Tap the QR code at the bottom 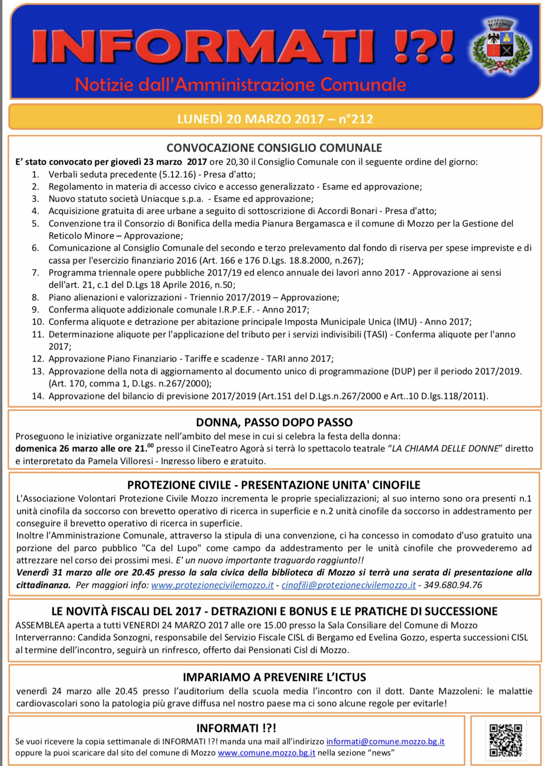505,740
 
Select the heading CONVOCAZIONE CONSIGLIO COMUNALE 274,148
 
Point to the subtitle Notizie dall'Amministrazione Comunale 240,85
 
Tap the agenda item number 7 36,273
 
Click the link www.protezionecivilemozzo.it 212,585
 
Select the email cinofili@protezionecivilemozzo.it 349,585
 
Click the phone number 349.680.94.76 453,585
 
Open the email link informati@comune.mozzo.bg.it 385,742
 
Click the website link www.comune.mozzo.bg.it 267,753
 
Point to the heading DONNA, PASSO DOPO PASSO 274,423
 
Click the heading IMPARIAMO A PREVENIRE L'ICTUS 274,677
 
